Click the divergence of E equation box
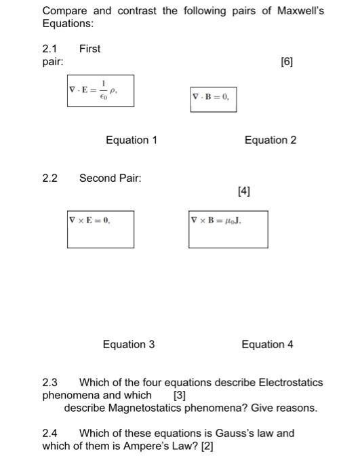tap(100, 90)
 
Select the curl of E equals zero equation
tap(100, 229)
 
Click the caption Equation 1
tap(132, 140)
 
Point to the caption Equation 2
tap(270, 140)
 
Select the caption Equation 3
tap(129, 345)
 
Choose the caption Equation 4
tap(267, 345)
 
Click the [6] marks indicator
tap(287, 62)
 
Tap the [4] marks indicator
tap(244, 191)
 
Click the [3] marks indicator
tap(180, 396)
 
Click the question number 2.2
tap(49, 178)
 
